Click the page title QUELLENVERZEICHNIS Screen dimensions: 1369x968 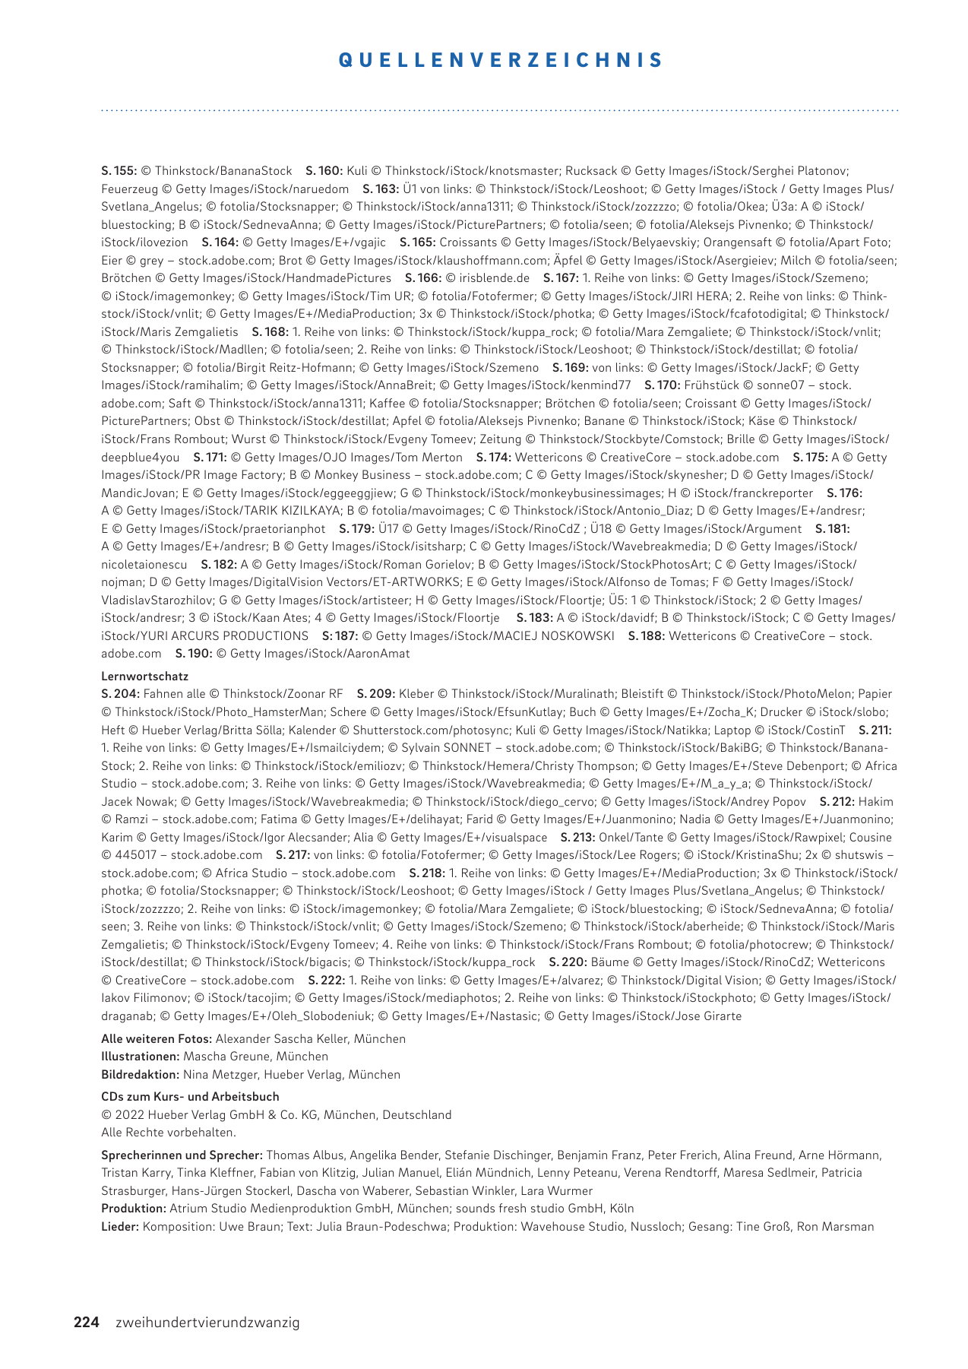pyautogui.click(x=501, y=60)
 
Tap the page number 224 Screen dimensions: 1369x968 pyautogui.click(x=86, y=1322)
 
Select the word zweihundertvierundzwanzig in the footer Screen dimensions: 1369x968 pyautogui.click(x=207, y=1323)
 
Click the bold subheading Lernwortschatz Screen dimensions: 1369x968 pyautogui.click(x=144, y=676)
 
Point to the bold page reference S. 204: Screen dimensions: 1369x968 pyautogui.click(x=120, y=694)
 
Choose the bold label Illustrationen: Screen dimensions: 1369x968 pyautogui.click(x=141, y=1057)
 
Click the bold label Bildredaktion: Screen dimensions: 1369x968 pyautogui.click(x=141, y=1075)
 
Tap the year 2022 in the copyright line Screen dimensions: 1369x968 pyautogui.click(x=128, y=1115)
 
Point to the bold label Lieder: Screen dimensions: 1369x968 pyautogui.click(x=120, y=1227)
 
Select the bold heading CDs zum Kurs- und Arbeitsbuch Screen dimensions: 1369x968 pyautogui.click(x=190, y=1097)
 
